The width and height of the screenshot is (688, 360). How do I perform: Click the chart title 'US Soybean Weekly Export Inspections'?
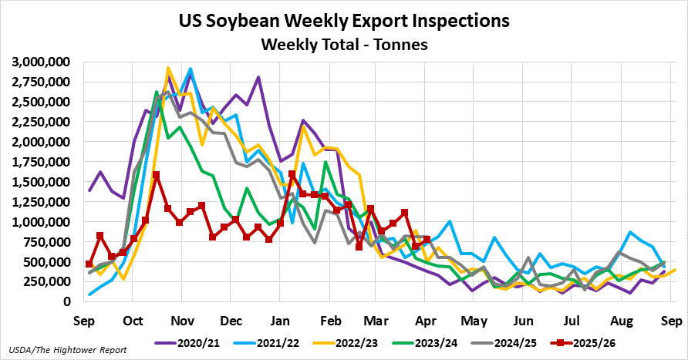coord(343,20)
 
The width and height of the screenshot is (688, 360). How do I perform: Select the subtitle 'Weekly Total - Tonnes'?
coord(343,45)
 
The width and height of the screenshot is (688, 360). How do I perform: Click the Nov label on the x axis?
coord(183,319)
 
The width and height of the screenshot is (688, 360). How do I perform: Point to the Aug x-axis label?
coord(621,319)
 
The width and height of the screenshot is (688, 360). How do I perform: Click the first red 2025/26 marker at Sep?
coord(89,264)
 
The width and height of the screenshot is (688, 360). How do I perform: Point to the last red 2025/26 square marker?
coord(427,240)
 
